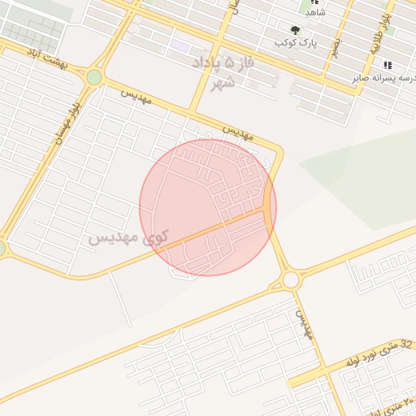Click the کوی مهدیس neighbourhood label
[128, 239]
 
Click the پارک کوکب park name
[297, 42]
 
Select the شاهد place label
[314, 13]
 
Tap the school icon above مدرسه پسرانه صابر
[388, 65]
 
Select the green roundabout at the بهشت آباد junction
[94, 77]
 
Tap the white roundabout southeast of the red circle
[290, 280]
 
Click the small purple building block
[180, 46]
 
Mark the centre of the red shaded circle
[208, 207]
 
